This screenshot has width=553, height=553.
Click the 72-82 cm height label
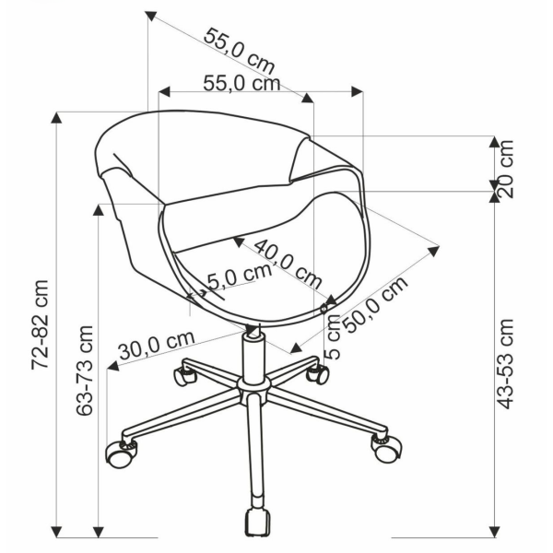click(x=40, y=324)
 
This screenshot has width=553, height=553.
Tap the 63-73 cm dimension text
click(x=85, y=371)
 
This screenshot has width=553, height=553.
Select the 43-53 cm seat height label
click(x=505, y=364)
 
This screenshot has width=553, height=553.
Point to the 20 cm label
click(x=505, y=169)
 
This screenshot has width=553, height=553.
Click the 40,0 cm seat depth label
click(x=288, y=264)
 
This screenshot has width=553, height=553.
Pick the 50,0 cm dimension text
click(x=375, y=304)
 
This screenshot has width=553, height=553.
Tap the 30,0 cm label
click(x=157, y=346)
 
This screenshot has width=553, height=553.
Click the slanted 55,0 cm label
click(x=239, y=51)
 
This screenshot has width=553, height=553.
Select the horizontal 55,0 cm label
click(x=241, y=84)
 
